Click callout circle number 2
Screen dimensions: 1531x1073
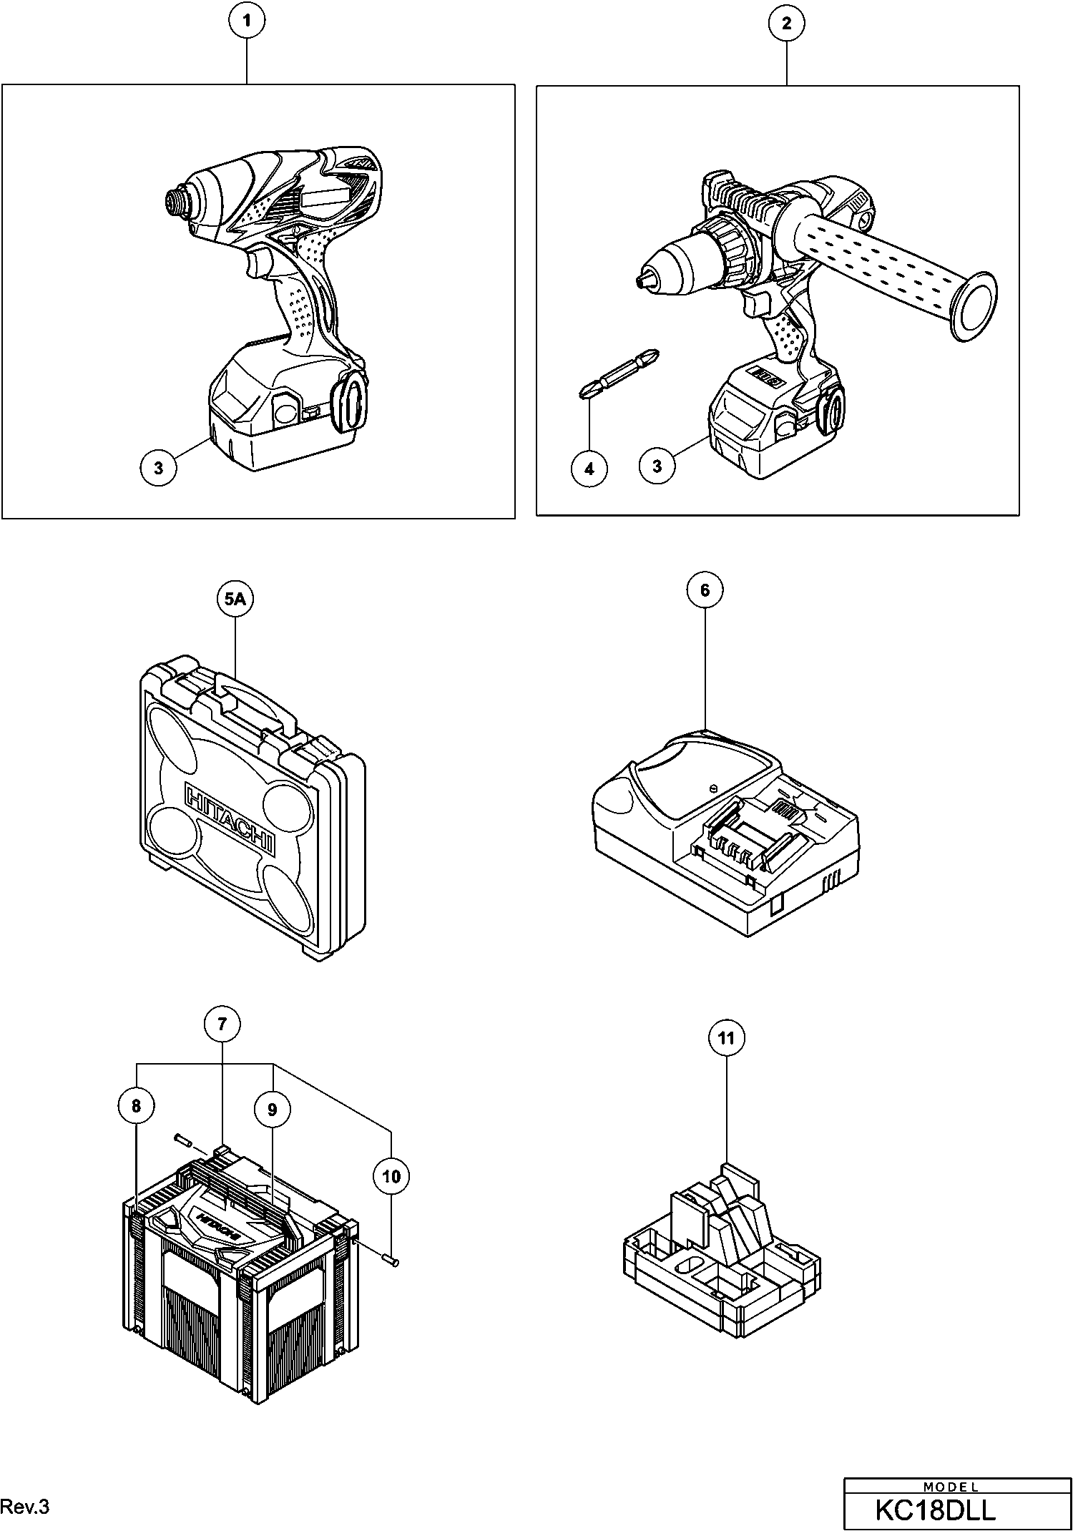coord(786,24)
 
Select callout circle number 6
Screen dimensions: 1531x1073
coord(705,590)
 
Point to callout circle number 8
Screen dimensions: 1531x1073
coord(136,1106)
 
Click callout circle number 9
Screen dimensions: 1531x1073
coord(272,1109)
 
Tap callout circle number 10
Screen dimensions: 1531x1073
coord(391,1176)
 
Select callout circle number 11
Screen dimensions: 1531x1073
coord(726,1038)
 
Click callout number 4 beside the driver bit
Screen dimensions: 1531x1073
coord(589,469)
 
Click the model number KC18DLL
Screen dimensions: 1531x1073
coord(936,1510)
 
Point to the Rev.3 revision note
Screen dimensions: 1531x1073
coord(25,1507)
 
